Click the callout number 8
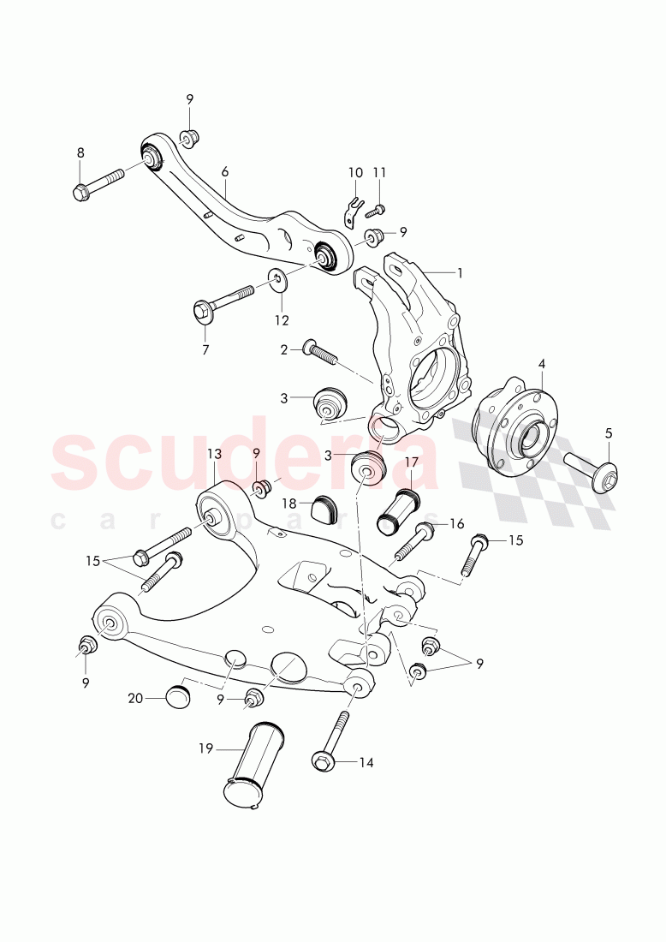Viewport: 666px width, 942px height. click(80, 152)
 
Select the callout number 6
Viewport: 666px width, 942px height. click(224, 171)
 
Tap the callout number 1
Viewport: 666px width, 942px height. click(459, 273)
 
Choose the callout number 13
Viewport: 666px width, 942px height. click(213, 453)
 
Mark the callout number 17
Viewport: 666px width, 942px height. click(412, 462)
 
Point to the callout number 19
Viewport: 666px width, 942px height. click(205, 748)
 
